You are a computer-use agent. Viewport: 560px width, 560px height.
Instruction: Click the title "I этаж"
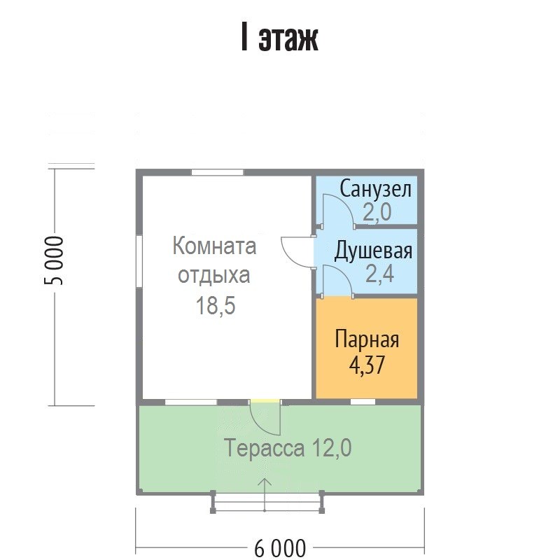tap(279, 38)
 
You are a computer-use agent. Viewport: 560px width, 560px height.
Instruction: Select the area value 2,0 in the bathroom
tap(377, 212)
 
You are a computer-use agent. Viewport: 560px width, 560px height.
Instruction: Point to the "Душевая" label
tap(373, 251)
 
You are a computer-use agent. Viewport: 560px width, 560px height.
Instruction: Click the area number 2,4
tap(379, 274)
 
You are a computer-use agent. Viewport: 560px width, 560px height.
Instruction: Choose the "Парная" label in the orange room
tap(367, 339)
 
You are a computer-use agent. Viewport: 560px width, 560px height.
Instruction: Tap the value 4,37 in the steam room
tap(367, 365)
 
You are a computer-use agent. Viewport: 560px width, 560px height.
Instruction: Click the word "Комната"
tap(214, 246)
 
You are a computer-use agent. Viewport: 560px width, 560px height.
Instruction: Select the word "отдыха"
tap(214, 275)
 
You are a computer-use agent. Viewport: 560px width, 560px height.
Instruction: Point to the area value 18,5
tap(216, 306)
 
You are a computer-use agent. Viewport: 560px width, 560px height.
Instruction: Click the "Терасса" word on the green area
tap(265, 447)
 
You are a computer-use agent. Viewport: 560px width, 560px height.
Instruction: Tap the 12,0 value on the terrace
tap(332, 448)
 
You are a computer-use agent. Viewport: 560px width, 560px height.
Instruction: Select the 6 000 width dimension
tap(280, 548)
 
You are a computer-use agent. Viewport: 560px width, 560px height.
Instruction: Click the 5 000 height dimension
tap(54, 260)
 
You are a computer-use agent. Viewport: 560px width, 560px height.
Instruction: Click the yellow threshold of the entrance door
tap(265, 401)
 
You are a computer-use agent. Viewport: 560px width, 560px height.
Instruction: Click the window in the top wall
tap(217, 172)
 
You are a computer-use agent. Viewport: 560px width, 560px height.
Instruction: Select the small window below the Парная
tap(363, 402)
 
